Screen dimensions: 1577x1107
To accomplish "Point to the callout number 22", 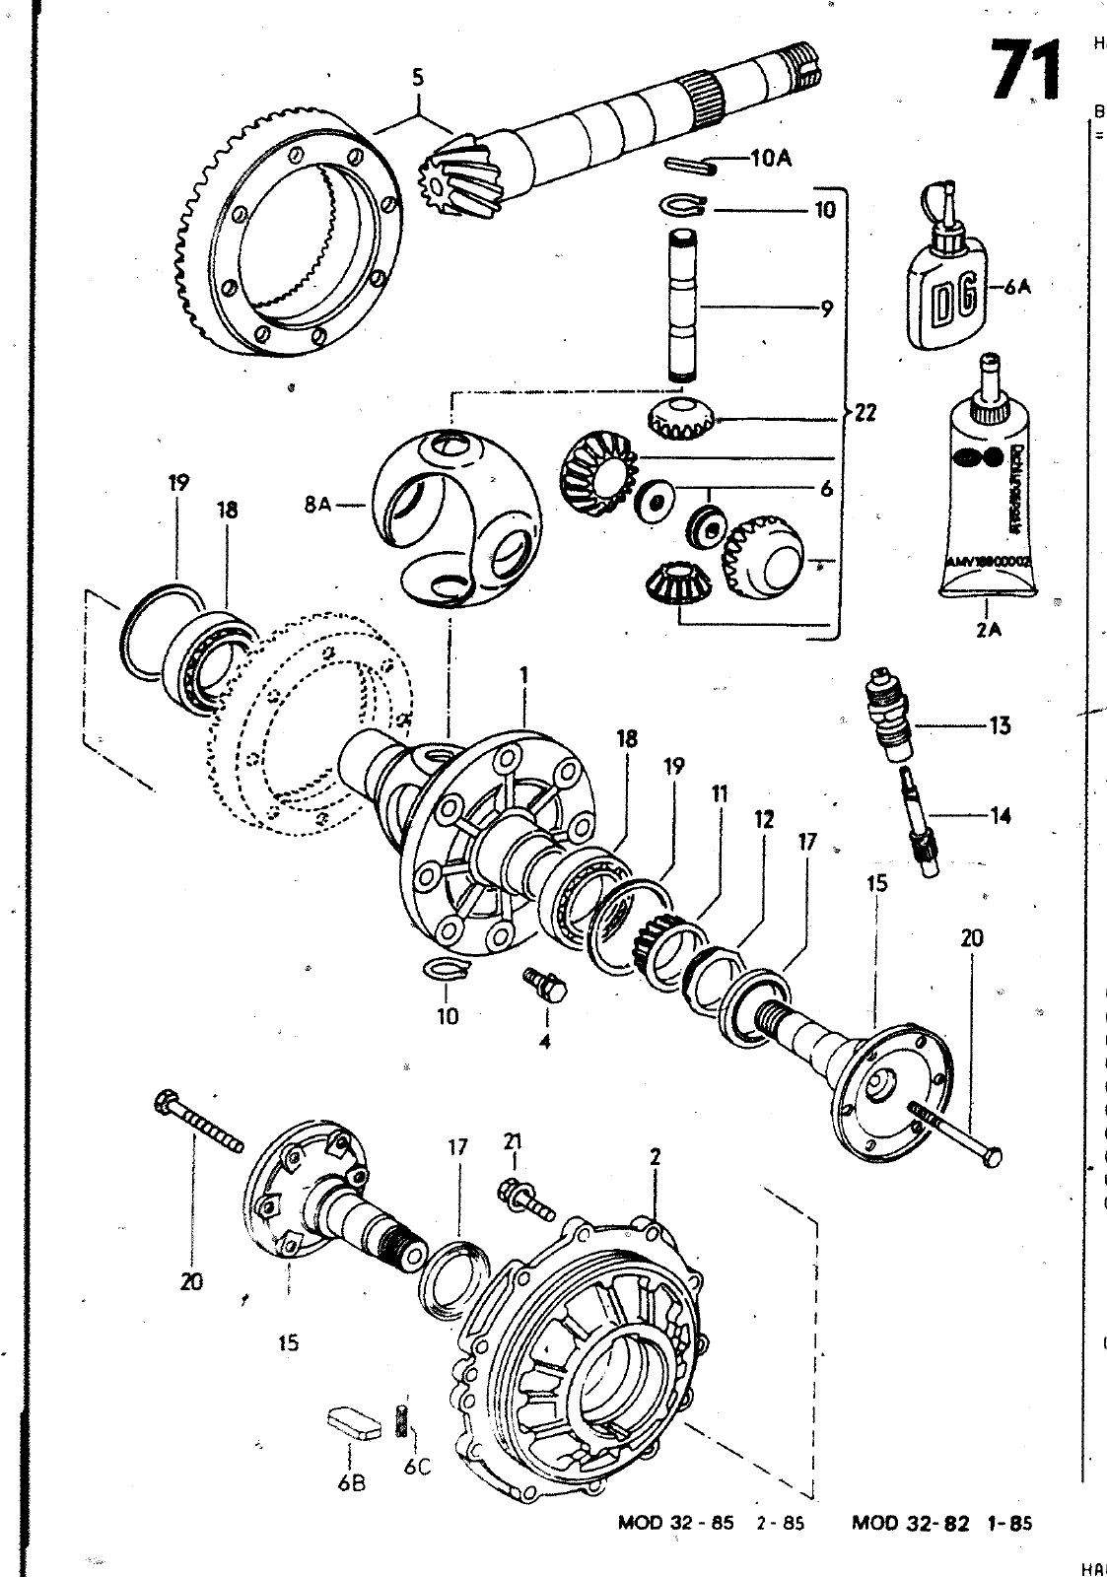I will [x=865, y=414].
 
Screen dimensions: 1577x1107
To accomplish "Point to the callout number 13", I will [x=1000, y=725].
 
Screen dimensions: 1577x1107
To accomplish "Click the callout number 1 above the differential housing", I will [x=524, y=674].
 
